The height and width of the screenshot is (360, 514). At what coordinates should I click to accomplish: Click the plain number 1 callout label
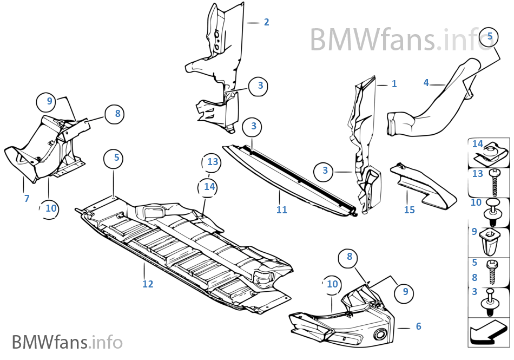coord(394,84)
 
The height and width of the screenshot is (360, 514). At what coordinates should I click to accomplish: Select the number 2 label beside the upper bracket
coord(266,22)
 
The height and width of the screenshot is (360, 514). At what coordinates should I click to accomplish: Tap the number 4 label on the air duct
coord(426,83)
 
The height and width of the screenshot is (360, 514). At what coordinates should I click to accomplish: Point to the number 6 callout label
coord(418,326)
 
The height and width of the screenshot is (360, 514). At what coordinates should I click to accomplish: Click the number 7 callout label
coord(27,199)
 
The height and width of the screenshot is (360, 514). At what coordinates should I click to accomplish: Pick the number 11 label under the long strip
coord(281,210)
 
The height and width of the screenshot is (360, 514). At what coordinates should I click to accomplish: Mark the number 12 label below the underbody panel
coord(148,284)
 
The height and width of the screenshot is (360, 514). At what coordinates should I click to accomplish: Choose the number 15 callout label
coord(409,209)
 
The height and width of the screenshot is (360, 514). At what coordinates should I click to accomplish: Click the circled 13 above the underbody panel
coord(213,162)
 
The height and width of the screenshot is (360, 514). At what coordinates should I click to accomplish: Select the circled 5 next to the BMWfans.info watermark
coord(490,36)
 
